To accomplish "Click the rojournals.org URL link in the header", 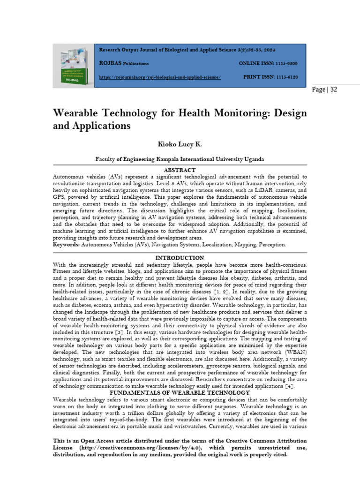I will [159, 77].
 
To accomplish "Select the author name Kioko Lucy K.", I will [180, 143].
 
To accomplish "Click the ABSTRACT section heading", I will [180, 170].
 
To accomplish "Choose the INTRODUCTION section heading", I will [180, 258].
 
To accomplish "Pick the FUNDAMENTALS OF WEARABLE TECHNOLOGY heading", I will [180, 392].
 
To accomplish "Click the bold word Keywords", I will [66, 245].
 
